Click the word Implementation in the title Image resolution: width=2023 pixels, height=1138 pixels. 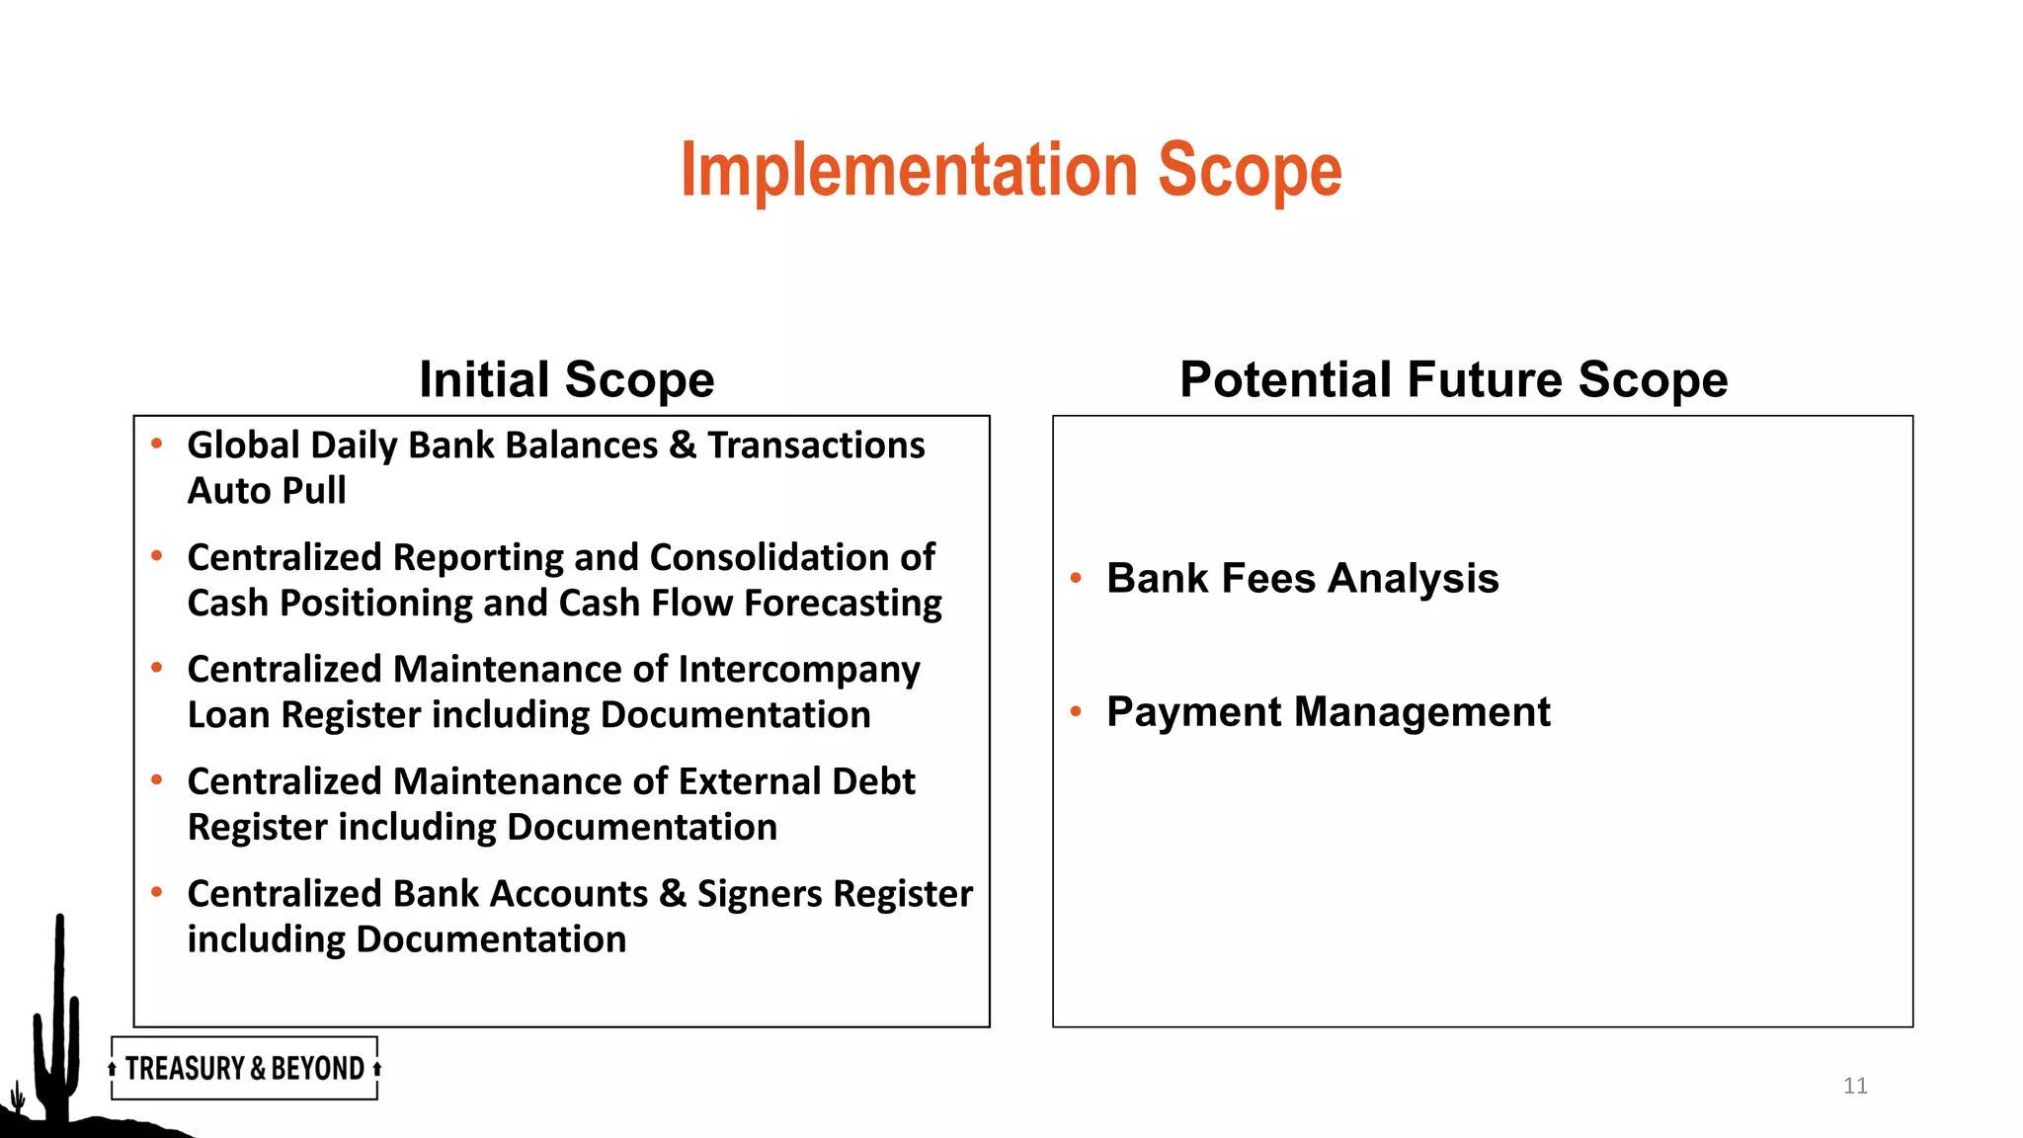tap(909, 170)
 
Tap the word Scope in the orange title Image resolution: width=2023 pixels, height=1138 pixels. tap(1249, 170)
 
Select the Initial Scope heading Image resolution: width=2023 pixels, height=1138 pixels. tap(566, 379)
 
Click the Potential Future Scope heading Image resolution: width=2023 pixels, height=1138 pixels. tap(1453, 379)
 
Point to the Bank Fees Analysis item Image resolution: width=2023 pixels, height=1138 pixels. tap(1302, 578)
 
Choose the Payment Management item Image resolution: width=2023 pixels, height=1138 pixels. tap(1328, 711)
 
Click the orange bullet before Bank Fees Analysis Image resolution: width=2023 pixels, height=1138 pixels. tap(1076, 578)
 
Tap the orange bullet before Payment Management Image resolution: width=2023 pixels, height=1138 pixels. tap(1076, 711)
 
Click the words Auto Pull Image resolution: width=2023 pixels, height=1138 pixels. tap(267, 491)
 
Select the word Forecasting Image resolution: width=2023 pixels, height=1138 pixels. tap(843, 603)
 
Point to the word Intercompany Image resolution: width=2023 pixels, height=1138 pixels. tap(798, 670)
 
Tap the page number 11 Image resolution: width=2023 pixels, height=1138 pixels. tap(1854, 1086)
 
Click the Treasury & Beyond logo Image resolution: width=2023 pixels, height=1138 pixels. tap(244, 1068)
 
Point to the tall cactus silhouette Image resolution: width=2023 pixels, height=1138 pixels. tap(58, 1017)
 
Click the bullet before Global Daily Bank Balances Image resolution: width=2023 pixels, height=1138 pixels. tap(156, 445)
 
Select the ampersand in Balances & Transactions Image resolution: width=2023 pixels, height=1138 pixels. tap(682, 446)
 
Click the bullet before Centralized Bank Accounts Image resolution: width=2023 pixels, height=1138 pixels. tap(156, 893)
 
